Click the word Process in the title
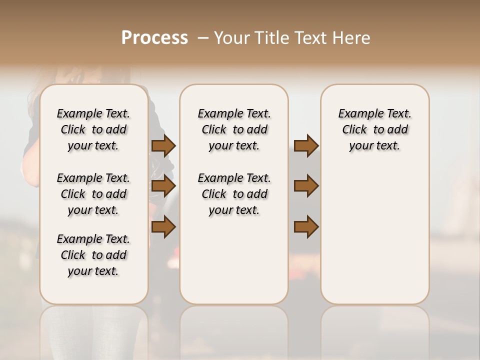point(154,38)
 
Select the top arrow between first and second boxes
point(163,146)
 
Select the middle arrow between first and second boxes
point(163,186)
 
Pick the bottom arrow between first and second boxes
point(163,227)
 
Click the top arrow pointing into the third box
point(306,146)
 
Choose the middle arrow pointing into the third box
point(306,186)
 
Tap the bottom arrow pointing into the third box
point(306,227)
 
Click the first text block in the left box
point(93,129)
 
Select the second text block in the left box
point(93,194)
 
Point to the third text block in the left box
point(93,255)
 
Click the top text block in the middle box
point(234,129)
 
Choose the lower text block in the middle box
point(234,194)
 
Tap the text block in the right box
point(374,129)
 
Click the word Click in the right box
point(354,130)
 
